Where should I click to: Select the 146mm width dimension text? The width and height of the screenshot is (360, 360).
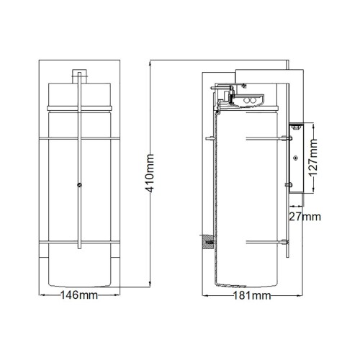pos(79,295)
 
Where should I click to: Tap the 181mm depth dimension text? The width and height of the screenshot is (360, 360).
pos(251,295)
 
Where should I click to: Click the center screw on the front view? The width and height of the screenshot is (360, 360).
pos(78,185)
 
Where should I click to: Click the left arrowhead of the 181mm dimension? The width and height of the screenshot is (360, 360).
pos(202,295)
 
